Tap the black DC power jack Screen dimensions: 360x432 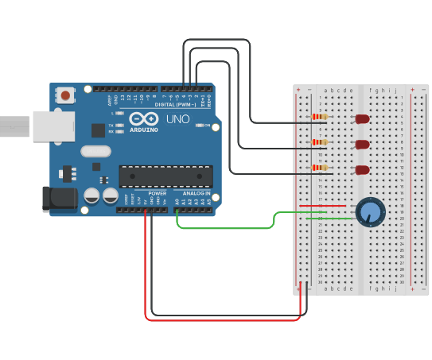coord(60,198)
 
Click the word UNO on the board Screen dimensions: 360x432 coord(178,118)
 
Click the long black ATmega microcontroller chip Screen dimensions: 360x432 coord(165,176)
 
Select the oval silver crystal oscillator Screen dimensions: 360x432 coord(95,151)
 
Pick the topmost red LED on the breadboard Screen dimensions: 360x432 coord(362,119)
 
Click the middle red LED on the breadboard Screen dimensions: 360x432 coord(362,145)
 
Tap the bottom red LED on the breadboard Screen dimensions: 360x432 coord(362,170)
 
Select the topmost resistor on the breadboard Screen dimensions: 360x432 coord(320,117)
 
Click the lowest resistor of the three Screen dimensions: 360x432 coord(320,168)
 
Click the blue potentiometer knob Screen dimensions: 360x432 coord(370,212)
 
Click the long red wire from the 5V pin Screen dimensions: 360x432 coord(223,320)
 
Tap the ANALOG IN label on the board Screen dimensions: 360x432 coord(197,193)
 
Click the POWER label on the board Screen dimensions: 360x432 coord(158,193)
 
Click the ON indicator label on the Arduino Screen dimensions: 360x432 coord(207,126)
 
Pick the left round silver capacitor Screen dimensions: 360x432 coord(91,195)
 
